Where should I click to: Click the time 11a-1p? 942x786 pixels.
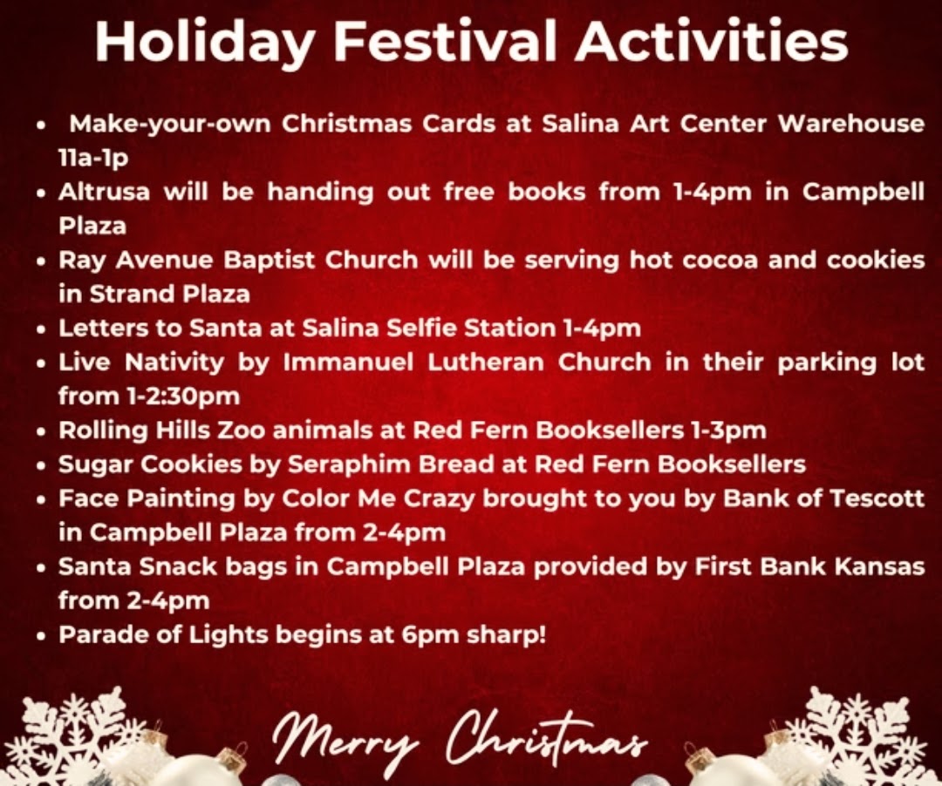[x=93, y=158]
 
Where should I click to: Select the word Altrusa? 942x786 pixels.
[x=104, y=192]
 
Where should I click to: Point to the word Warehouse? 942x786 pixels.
[x=850, y=124]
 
